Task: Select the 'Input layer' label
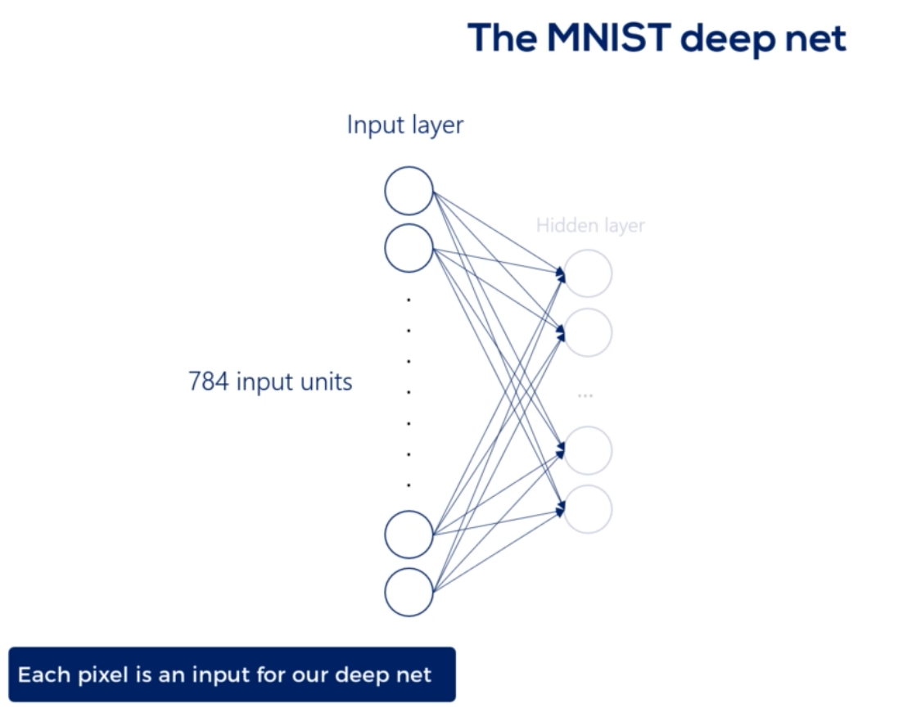404,125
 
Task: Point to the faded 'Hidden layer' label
590,225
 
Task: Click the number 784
209,381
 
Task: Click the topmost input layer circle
409,191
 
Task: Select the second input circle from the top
409,248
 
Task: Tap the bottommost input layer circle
409,592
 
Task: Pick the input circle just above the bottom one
409,535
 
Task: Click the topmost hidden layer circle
588,273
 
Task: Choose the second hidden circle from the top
588,332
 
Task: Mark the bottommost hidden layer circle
588,509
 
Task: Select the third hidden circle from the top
588,450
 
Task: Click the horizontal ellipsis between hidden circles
585,395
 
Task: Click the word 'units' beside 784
326,381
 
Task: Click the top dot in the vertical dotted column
409,300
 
